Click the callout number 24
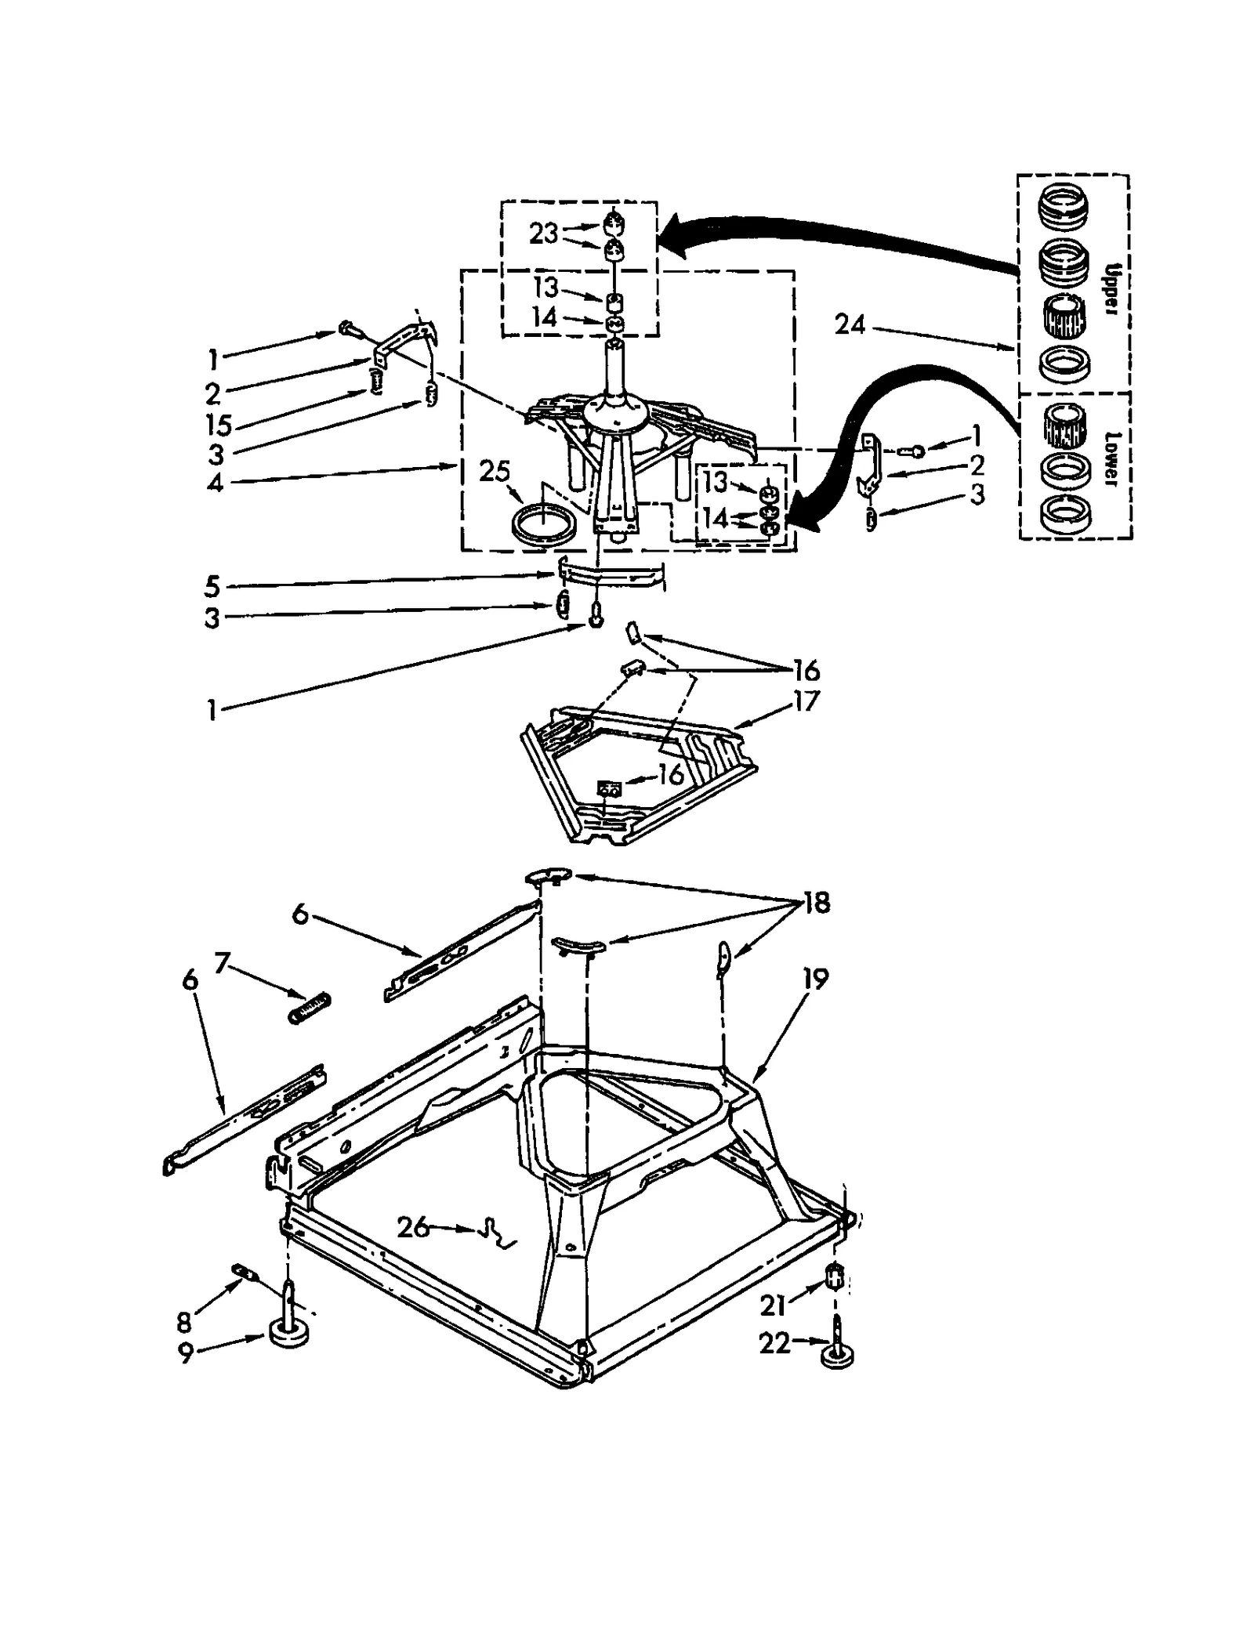[849, 324]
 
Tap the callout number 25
[495, 471]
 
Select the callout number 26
[413, 1226]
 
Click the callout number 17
[805, 700]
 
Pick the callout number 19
[815, 979]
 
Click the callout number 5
[212, 586]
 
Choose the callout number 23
[543, 233]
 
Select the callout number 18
[816, 903]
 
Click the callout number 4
[214, 482]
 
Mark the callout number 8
[184, 1322]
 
